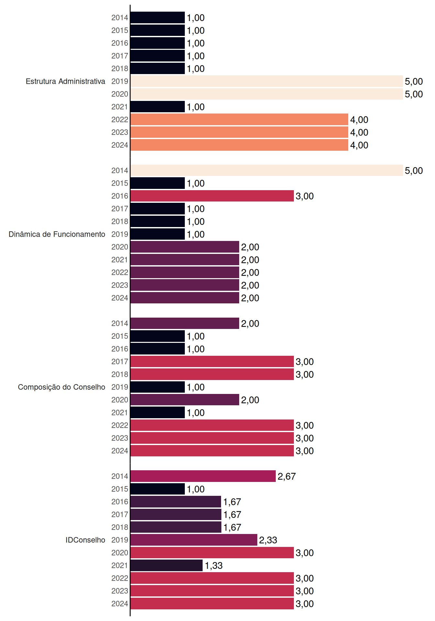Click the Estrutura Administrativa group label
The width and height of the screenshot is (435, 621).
(65, 81)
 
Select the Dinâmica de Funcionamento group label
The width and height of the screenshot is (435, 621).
(57, 234)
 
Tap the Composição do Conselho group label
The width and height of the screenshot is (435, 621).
(61, 387)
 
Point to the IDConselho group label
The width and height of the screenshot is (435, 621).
(85, 540)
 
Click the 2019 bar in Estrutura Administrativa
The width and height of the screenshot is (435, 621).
(267, 81)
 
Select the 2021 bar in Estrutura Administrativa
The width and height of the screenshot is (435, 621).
(158, 107)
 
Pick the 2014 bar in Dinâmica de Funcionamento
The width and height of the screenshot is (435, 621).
(267, 170)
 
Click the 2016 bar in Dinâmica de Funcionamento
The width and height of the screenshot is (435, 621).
(212, 196)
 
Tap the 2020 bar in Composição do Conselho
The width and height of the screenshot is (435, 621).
(185, 400)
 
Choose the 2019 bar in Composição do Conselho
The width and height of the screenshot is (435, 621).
(158, 387)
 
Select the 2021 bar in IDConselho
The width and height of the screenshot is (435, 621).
(167, 565)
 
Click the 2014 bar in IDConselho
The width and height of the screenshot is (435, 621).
(203, 476)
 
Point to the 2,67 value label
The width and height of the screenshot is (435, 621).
(287, 476)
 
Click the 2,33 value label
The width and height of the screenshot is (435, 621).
(268, 540)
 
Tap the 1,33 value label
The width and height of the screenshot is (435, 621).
(214, 566)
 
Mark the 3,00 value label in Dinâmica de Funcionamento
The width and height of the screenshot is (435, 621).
(305, 196)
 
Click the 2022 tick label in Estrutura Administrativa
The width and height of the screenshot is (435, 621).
(120, 120)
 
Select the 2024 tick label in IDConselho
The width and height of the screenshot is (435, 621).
(120, 604)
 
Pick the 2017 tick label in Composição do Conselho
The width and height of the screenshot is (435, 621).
(120, 362)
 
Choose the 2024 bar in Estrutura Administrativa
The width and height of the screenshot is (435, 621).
(240, 145)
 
